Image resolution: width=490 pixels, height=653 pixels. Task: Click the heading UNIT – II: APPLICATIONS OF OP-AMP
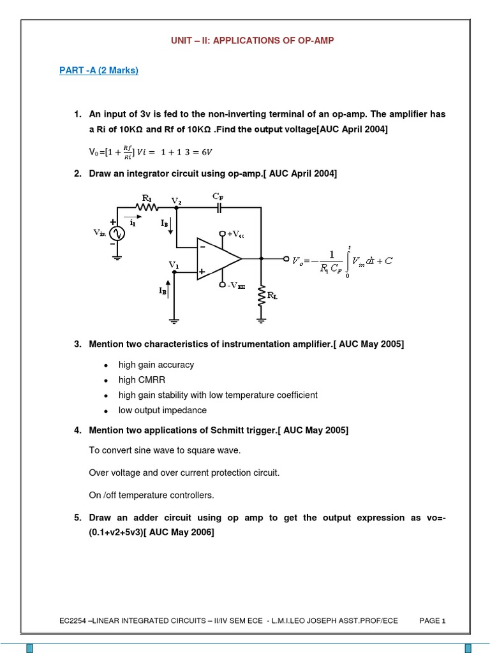pyautogui.click(x=251, y=40)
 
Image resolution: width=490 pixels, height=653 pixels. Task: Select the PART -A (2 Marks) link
pyautogui.click(x=99, y=70)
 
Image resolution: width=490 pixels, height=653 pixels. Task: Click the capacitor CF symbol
pyautogui.click(x=219, y=208)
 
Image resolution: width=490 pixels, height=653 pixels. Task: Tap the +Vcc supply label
pyautogui.click(x=235, y=235)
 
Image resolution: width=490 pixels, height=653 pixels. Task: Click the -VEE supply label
pyautogui.click(x=235, y=286)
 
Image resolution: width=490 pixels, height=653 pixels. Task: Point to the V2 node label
pyautogui.click(x=176, y=201)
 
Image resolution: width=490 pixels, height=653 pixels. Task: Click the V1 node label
pyautogui.click(x=174, y=264)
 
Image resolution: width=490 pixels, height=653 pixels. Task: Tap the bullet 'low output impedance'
pyautogui.click(x=162, y=410)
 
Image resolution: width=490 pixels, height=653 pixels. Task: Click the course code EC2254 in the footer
pyautogui.click(x=74, y=620)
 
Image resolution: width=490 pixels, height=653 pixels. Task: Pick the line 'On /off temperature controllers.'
pyautogui.click(x=151, y=495)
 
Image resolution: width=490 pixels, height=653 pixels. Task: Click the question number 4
pyautogui.click(x=77, y=430)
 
